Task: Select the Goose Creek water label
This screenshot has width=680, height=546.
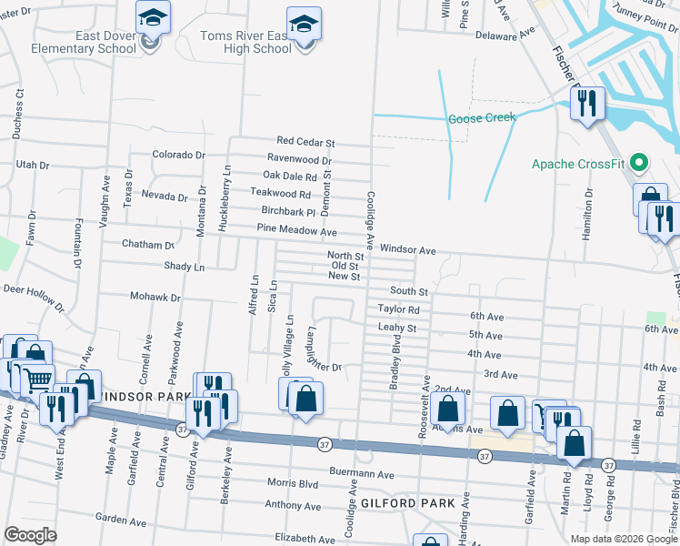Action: [481, 117]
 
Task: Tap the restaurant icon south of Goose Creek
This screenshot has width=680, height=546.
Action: [587, 104]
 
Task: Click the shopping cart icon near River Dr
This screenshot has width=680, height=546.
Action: [37, 381]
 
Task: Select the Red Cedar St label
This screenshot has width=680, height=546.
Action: [306, 143]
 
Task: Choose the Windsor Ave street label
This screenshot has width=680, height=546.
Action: [408, 249]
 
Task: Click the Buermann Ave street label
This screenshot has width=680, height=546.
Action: [362, 475]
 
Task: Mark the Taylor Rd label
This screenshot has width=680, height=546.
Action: [398, 309]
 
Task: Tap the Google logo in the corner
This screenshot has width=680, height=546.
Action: [31, 535]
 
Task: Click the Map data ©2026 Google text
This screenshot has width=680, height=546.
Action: [623, 539]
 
